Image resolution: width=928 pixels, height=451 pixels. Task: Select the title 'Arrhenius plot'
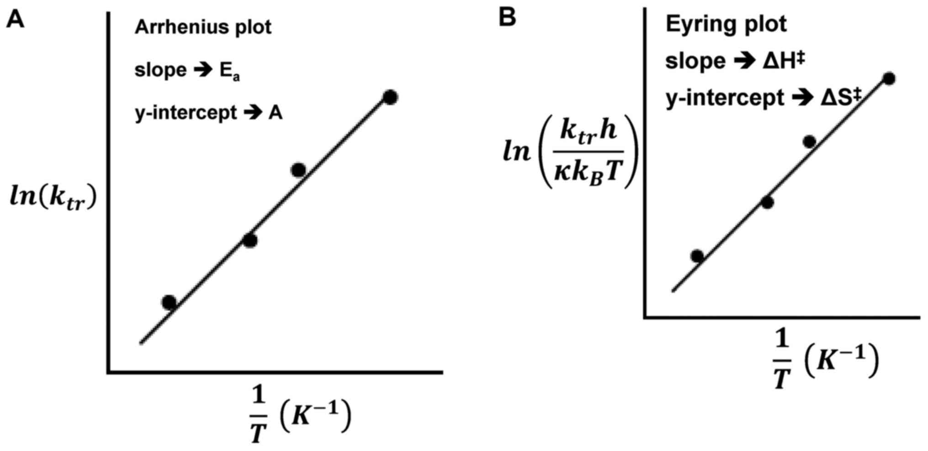tap(203, 27)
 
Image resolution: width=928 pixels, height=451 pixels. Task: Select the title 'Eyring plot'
tap(726, 24)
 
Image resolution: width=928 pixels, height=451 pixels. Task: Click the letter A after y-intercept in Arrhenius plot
tap(275, 113)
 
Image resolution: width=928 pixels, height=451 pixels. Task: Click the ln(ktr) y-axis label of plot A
tap(53, 199)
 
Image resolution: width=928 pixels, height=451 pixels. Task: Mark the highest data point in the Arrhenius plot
tap(390, 97)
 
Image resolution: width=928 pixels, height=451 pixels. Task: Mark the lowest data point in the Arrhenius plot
tap(169, 302)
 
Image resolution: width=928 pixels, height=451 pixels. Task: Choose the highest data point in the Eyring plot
tap(889, 78)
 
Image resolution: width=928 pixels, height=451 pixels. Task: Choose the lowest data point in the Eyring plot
tap(697, 256)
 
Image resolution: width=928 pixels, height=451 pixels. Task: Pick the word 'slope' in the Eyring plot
tap(695, 61)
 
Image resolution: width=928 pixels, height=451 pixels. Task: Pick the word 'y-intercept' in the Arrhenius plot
tap(186, 113)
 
